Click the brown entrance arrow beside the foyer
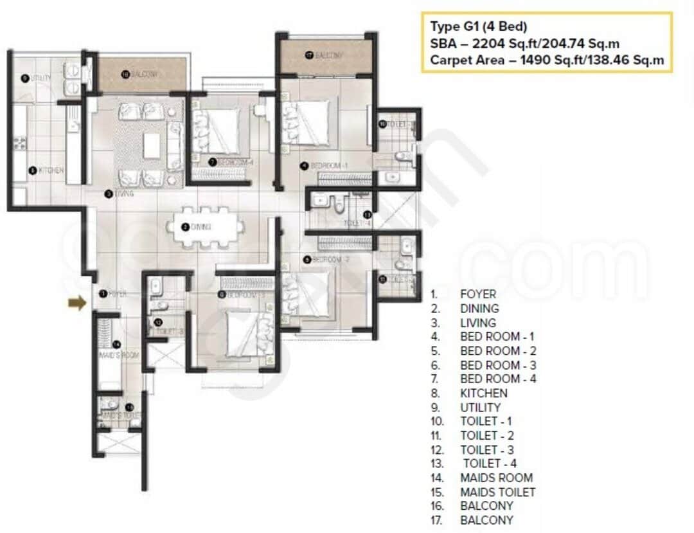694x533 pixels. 76,303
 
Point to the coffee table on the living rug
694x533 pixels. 152,145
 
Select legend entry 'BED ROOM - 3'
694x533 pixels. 498,365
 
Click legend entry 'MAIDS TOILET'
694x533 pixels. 497,492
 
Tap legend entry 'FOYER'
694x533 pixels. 478,294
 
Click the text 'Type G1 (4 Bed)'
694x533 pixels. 479,27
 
